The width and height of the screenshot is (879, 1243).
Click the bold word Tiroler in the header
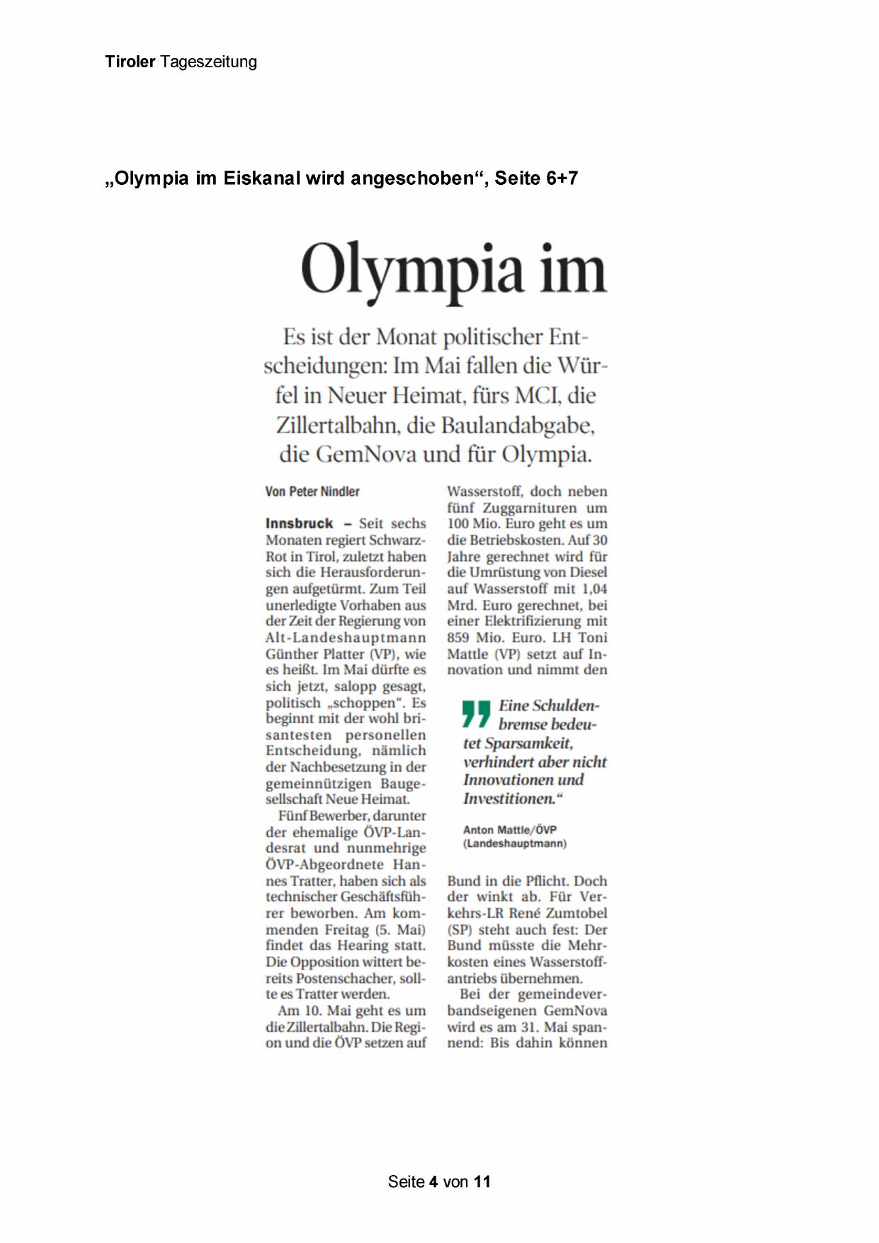point(130,62)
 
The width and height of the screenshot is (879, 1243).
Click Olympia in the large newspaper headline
point(412,271)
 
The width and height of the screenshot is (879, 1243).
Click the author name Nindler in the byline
point(340,492)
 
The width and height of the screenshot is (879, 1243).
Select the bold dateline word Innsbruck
point(299,523)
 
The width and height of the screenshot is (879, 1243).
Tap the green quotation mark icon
point(476,714)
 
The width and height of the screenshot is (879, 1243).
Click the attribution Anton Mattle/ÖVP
point(510,829)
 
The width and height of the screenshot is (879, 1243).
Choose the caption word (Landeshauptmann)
point(515,844)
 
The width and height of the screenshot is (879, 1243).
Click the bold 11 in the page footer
point(482,1181)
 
